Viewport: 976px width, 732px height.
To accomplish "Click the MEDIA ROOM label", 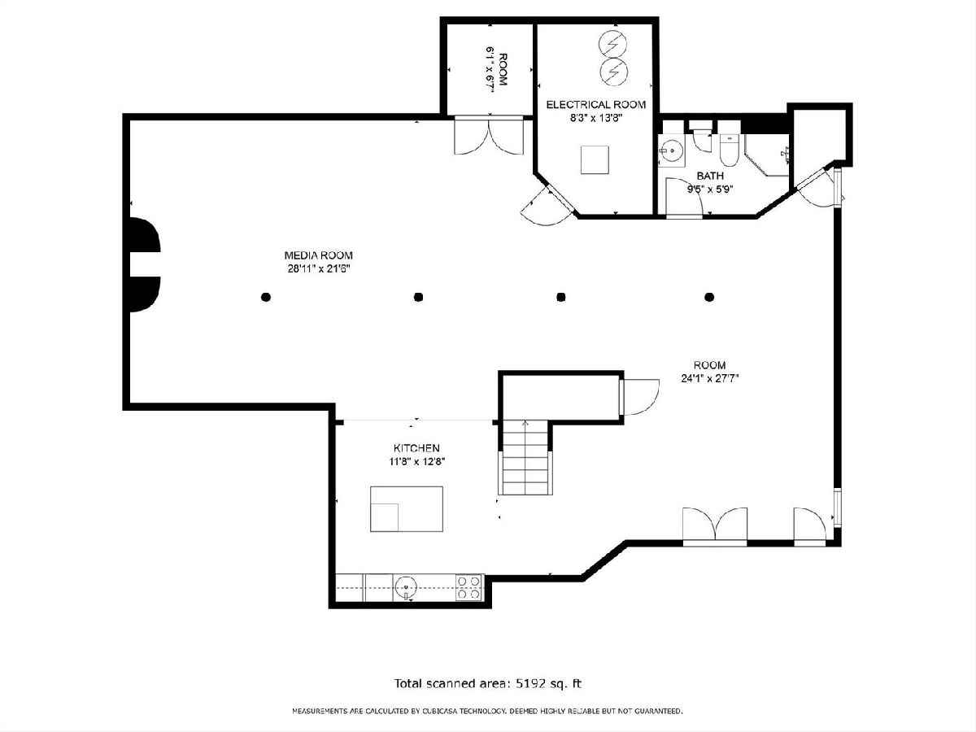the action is (x=318, y=255).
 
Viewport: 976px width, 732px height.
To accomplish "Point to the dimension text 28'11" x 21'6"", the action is (x=319, y=268).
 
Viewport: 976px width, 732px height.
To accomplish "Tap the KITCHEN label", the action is (x=416, y=448).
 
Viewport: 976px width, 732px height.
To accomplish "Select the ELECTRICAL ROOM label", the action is (x=596, y=104).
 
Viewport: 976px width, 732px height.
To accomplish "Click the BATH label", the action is (x=710, y=176).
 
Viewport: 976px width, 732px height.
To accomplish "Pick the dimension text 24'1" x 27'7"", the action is (x=710, y=378).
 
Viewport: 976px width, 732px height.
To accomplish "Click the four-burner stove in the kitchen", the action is (x=469, y=587).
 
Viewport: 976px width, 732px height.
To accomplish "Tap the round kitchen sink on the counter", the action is (x=406, y=586).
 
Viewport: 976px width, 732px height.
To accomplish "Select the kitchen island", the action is (x=407, y=509).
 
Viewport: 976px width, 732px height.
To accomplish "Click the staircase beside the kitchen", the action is (x=525, y=458).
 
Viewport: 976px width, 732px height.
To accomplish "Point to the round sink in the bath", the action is (x=672, y=150).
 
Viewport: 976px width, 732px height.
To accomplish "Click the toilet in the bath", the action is (x=730, y=149).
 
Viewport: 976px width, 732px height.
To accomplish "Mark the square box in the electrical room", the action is (x=595, y=159).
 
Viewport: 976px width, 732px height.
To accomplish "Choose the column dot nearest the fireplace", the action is (x=266, y=297).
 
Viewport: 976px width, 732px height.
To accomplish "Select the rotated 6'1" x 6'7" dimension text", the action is (x=490, y=69).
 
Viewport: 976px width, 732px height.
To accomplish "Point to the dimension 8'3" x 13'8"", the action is (x=596, y=118).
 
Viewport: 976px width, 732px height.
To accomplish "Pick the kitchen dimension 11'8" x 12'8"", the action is (x=417, y=461).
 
